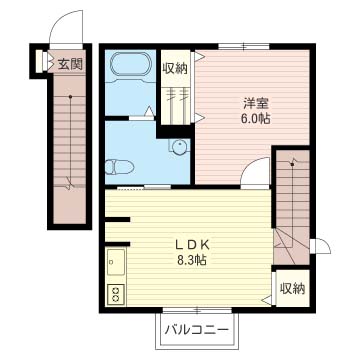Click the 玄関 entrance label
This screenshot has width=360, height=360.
click(x=70, y=63)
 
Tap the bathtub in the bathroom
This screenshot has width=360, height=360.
click(x=131, y=65)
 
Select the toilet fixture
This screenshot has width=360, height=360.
click(x=118, y=167)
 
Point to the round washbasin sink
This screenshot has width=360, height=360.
click(x=180, y=146)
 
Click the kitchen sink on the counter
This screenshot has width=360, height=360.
click(x=116, y=262)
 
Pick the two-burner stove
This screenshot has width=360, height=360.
click(x=116, y=295)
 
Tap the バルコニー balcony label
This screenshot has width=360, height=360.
click(x=197, y=330)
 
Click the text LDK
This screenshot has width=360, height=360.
click(x=192, y=246)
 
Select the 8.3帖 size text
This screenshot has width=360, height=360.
click(x=192, y=259)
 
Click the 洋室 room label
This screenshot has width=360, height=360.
click(x=256, y=104)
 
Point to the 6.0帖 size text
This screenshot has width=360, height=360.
click(x=256, y=119)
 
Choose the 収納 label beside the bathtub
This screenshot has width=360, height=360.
click(x=175, y=68)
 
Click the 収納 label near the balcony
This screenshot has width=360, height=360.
click(x=292, y=289)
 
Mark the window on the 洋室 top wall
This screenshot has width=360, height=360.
click(x=244, y=47)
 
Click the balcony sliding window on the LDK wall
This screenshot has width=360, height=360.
click(x=197, y=310)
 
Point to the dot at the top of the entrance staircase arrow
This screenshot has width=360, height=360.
click(x=70, y=97)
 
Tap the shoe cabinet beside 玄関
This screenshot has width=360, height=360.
click(x=40, y=61)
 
